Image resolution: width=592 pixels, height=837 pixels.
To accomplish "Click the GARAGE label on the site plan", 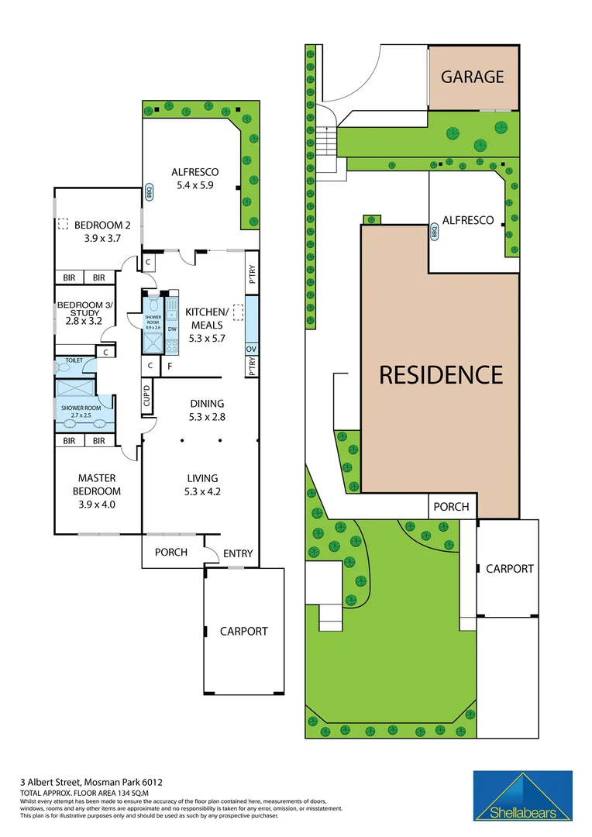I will (473, 77).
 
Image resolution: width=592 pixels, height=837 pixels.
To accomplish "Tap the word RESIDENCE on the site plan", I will (440, 374).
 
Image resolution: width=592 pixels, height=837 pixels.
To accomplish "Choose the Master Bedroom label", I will (98, 485).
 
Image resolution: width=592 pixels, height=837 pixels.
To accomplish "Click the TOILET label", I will (74, 360).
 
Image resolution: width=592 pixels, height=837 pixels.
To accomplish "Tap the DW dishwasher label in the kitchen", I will (171, 329).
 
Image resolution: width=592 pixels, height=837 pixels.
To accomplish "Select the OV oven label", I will (251, 350).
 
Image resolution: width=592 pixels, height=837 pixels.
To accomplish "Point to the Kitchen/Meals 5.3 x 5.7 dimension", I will (207, 338).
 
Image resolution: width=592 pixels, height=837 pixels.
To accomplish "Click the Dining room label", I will (206, 403).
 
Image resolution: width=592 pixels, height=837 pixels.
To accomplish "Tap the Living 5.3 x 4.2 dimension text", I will (202, 491).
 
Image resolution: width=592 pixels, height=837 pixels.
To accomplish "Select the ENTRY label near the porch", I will (237, 553).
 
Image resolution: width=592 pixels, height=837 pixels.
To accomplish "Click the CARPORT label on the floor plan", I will (243, 631).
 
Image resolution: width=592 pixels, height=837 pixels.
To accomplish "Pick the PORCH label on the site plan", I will (451, 506).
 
